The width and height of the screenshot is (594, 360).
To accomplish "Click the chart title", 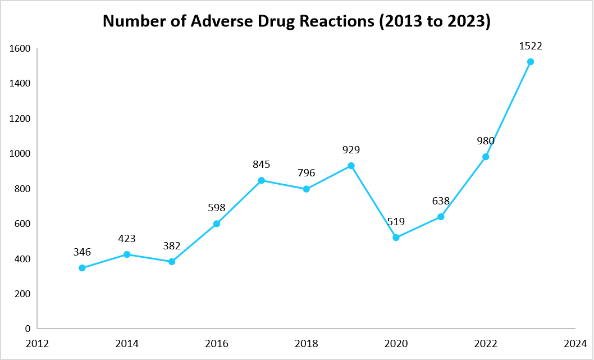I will [296, 21].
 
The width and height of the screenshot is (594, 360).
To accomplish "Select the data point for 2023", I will [531, 62].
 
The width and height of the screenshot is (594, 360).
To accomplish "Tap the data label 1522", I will [531, 45].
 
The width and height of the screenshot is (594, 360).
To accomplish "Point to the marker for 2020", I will [396, 238].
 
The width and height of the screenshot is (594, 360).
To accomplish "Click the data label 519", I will [396, 221].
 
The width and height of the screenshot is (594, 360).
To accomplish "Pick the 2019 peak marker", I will [351, 166].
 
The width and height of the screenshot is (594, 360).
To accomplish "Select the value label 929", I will [351, 149].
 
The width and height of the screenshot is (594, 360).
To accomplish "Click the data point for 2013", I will [82, 268].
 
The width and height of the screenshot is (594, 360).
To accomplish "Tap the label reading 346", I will [82, 252].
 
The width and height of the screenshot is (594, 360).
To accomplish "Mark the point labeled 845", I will [262, 180].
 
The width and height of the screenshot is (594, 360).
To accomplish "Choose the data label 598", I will [217, 207].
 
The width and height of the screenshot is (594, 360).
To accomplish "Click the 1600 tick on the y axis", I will [19, 48].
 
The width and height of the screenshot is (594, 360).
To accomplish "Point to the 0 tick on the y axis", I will [26, 329].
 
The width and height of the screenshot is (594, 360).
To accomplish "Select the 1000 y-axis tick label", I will [19, 153].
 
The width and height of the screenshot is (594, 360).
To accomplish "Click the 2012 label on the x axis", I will [37, 343].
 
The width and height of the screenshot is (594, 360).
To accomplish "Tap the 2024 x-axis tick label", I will [575, 343].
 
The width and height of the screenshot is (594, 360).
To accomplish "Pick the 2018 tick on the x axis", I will [306, 343].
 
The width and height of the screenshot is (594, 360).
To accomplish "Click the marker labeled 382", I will [172, 262].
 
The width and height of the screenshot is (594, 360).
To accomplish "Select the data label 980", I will [486, 140].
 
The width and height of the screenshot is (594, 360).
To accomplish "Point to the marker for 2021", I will [441, 217].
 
